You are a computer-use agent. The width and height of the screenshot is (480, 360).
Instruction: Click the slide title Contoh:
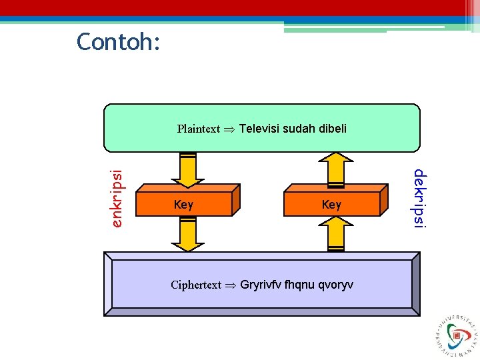(118, 42)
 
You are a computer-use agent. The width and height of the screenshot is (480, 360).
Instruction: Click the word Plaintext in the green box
(198, 129)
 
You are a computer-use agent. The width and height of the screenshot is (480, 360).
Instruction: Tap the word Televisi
(259, 128)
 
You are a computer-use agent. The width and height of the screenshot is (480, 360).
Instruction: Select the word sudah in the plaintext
(298, 128)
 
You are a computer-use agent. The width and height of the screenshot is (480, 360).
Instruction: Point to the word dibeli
(332, 128)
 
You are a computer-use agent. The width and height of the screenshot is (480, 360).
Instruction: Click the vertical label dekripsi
(419, 199)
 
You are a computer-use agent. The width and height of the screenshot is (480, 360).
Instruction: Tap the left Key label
(183, 205)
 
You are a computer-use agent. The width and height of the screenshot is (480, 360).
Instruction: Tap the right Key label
(331, 205)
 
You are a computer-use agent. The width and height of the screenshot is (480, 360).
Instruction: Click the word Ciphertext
(195, 285)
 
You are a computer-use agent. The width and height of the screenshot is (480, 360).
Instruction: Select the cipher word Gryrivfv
(261, 285)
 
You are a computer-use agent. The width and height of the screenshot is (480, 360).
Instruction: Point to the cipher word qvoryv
(335, 285)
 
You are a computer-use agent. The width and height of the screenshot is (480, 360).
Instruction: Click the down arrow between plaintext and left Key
(188, 170)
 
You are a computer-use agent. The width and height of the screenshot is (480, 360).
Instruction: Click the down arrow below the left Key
(188, 235)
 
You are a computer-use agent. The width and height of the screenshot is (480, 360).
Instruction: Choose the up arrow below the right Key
(336, 233)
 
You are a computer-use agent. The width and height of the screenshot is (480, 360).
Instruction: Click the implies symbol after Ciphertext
(230, 285)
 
